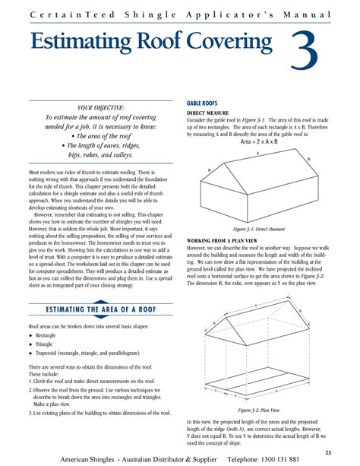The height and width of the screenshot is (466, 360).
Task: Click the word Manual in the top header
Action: (312, 15)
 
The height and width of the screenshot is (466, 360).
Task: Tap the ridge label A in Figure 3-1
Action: (257, 152)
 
